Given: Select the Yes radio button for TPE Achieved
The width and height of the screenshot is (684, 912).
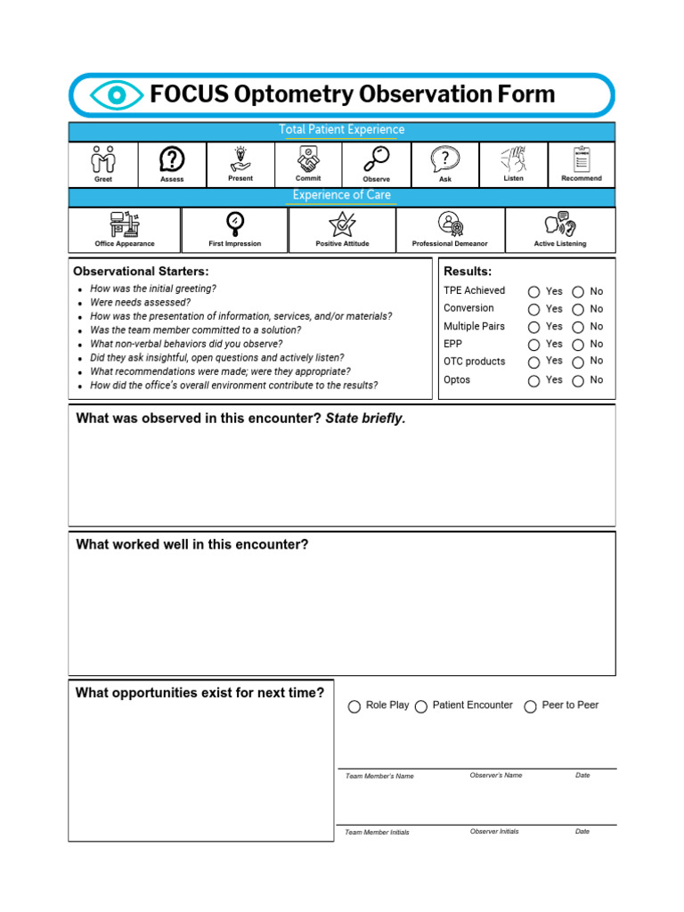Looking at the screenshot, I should click(533, 292).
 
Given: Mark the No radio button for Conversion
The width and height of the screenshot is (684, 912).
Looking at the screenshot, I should click(578, 309).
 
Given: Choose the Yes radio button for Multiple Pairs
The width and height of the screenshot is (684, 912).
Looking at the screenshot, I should click(533, 327).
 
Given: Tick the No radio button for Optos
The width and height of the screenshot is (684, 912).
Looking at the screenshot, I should click(578, 380).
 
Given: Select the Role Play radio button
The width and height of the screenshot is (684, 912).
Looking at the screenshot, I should click(354, 706).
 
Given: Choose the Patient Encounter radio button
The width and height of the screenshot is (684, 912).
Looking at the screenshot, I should click(421, 706).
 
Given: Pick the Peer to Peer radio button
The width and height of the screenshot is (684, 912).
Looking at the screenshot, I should click(531, 706).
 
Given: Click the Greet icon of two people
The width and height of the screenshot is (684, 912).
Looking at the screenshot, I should click(103, 159).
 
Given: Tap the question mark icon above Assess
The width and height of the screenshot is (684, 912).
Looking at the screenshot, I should click(172, 159).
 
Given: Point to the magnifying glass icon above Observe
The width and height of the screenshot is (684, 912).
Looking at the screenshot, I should click(377, 159).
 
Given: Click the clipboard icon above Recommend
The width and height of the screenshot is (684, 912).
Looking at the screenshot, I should click(582, 159).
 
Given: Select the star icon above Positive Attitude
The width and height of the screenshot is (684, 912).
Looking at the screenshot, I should click(342, 224).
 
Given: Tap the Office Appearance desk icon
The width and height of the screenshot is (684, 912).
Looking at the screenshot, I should click(125, 224).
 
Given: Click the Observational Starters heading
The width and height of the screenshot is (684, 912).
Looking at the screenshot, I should click(141, 271).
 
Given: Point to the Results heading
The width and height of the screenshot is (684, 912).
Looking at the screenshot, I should click(468, 272).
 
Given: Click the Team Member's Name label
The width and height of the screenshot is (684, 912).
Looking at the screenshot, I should click(379, 777).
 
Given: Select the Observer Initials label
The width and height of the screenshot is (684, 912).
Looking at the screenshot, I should click(494, 832).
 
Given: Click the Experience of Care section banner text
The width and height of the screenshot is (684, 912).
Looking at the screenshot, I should click(342, 195).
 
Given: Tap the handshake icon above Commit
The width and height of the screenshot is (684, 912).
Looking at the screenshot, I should click(308, 159).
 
